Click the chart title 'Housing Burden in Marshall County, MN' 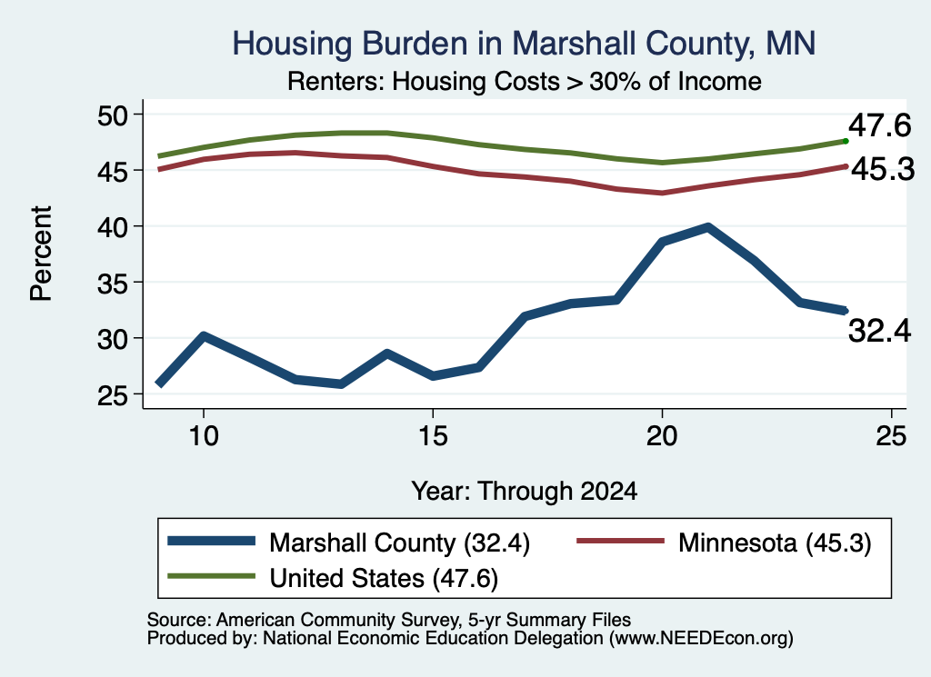point(524,44)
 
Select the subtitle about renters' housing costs point(525,81)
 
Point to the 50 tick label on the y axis point(112,115)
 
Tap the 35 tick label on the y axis point(112,283)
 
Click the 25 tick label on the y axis point(112,395)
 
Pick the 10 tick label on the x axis point(204,436)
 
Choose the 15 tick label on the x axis point(433,436)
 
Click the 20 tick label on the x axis point(662,436)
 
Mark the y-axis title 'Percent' point(41,254)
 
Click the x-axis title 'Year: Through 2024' point(525,492)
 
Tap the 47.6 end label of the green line point(879,125)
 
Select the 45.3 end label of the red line point(883,170)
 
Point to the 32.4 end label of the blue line point(879,331)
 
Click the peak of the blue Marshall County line point(707,227)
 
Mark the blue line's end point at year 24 point(845,310)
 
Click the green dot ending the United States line point(846,141)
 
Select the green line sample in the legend point(211,576)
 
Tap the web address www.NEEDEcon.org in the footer point(701,639)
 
